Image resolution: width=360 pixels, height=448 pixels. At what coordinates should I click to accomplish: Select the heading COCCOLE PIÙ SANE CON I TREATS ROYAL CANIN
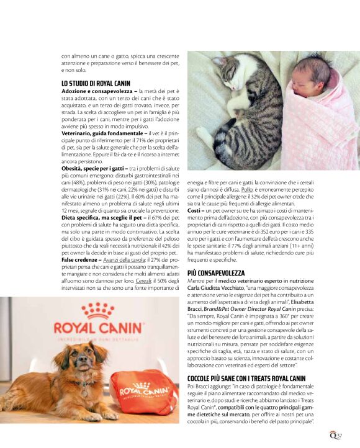(x=246, y=378)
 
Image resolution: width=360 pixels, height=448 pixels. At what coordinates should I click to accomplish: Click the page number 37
(x=339, y=434)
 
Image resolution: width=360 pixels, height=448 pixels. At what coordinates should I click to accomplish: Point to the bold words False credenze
(x=84, y=259)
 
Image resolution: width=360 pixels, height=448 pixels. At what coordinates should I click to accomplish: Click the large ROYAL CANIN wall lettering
(x=99, y=327)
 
